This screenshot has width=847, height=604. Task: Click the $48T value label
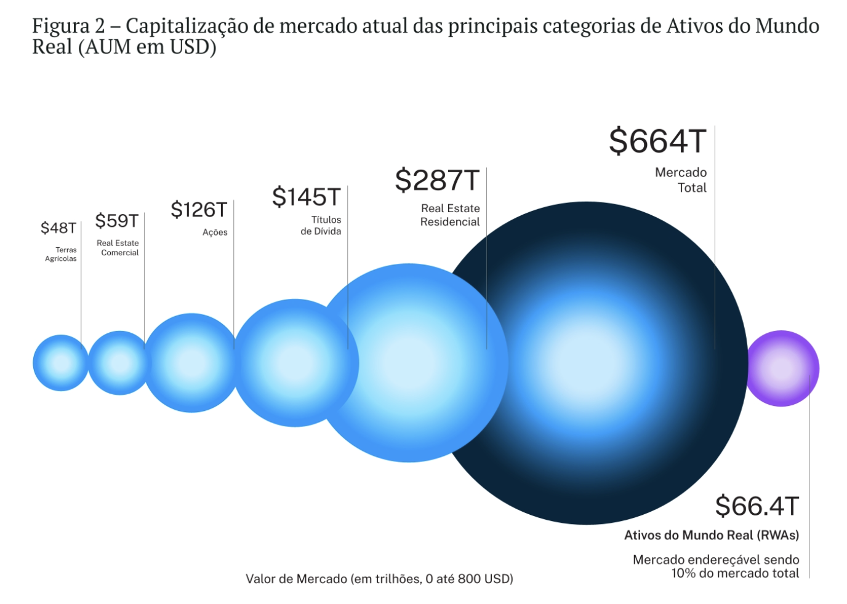pyautogui.click(x=58, y=228)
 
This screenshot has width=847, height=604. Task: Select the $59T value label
pyautogui.click(x=116, y=221)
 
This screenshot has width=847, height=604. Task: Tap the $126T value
pyautogui.click(x=199, y=210)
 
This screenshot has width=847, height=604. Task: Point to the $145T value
pyautogui.click(x=306, y=197)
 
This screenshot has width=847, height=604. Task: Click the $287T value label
pyautogui.click(x=436, y=180)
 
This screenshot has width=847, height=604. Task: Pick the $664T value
pyautogui.click(x=657, y=141)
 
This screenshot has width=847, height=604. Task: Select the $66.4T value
pyautogui.click(x=757, y=506)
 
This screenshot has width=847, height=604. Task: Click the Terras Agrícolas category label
pyautogui.click(x=61, y=254)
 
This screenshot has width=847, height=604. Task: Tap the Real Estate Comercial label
pyautogui.click(x=118, y=248)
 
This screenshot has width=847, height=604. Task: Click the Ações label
pyautogui.click(x=215, y=232)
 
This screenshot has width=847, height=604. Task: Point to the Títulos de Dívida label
pyautogui.click(x=321, y=225)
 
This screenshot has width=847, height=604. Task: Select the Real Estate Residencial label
pyautogui.click(x=450, y=215)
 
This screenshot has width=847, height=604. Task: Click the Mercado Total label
pyautogui.click(x=681, y=180)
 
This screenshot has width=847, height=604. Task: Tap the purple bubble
pyautogui.click(x=782, y=368)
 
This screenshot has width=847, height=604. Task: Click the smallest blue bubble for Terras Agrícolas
pyautogui.click(x=61, y=363)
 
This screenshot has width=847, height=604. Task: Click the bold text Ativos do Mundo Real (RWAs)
pyautogui.click(x=712, y=535)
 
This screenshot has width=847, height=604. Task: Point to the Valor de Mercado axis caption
pyautogui.click(x=379, y=579)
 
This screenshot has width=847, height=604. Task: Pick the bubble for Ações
pyautogui.click(x=191, y=363)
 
